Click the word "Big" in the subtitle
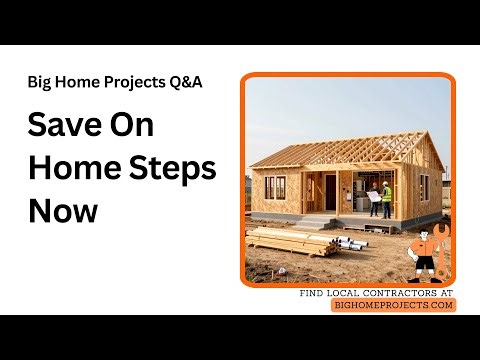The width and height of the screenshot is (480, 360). pyautogui.click(x=41, y=82)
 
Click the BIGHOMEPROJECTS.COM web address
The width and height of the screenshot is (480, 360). pyautogui.click(x=393, y=305)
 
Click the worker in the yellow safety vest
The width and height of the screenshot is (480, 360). pyautogui.click(x=385, y=201)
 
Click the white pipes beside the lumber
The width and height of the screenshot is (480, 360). pyautogui.click(x=349, y=241)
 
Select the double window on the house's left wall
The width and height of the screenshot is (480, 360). pyautogui.click(x=275, y=187)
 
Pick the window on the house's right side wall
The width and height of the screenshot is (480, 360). pyautogui.click(x=425, y=187)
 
